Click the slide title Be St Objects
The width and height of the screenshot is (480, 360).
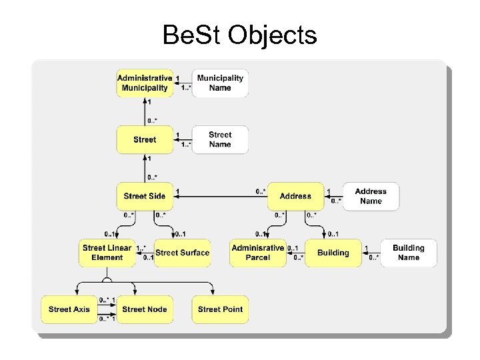point(239,35)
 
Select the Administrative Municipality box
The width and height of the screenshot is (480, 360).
point(145,83)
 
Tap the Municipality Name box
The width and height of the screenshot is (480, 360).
point(220,83)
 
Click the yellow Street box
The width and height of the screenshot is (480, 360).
point(145,139)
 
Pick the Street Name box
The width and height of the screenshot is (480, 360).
point(220,139)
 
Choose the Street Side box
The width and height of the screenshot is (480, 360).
point(145,196)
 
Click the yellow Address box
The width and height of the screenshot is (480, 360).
point(295,196)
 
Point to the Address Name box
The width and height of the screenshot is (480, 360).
point(371,196)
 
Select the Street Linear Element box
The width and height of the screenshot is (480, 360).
point(107,253)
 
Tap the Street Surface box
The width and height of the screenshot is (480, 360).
point(183,253)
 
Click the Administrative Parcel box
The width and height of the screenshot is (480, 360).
point(257,253)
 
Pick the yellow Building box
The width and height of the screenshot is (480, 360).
point(333,253)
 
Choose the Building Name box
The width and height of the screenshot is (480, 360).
point(408,253)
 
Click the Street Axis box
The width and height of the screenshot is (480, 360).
point(69,309)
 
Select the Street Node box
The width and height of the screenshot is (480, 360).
point(145,309)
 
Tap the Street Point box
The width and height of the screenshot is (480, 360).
point(220,309)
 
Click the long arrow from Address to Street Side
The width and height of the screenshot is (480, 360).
point(220,197)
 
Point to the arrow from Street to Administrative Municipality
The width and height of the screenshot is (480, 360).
point(145,111)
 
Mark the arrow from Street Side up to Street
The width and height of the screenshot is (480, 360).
point(145,167)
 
